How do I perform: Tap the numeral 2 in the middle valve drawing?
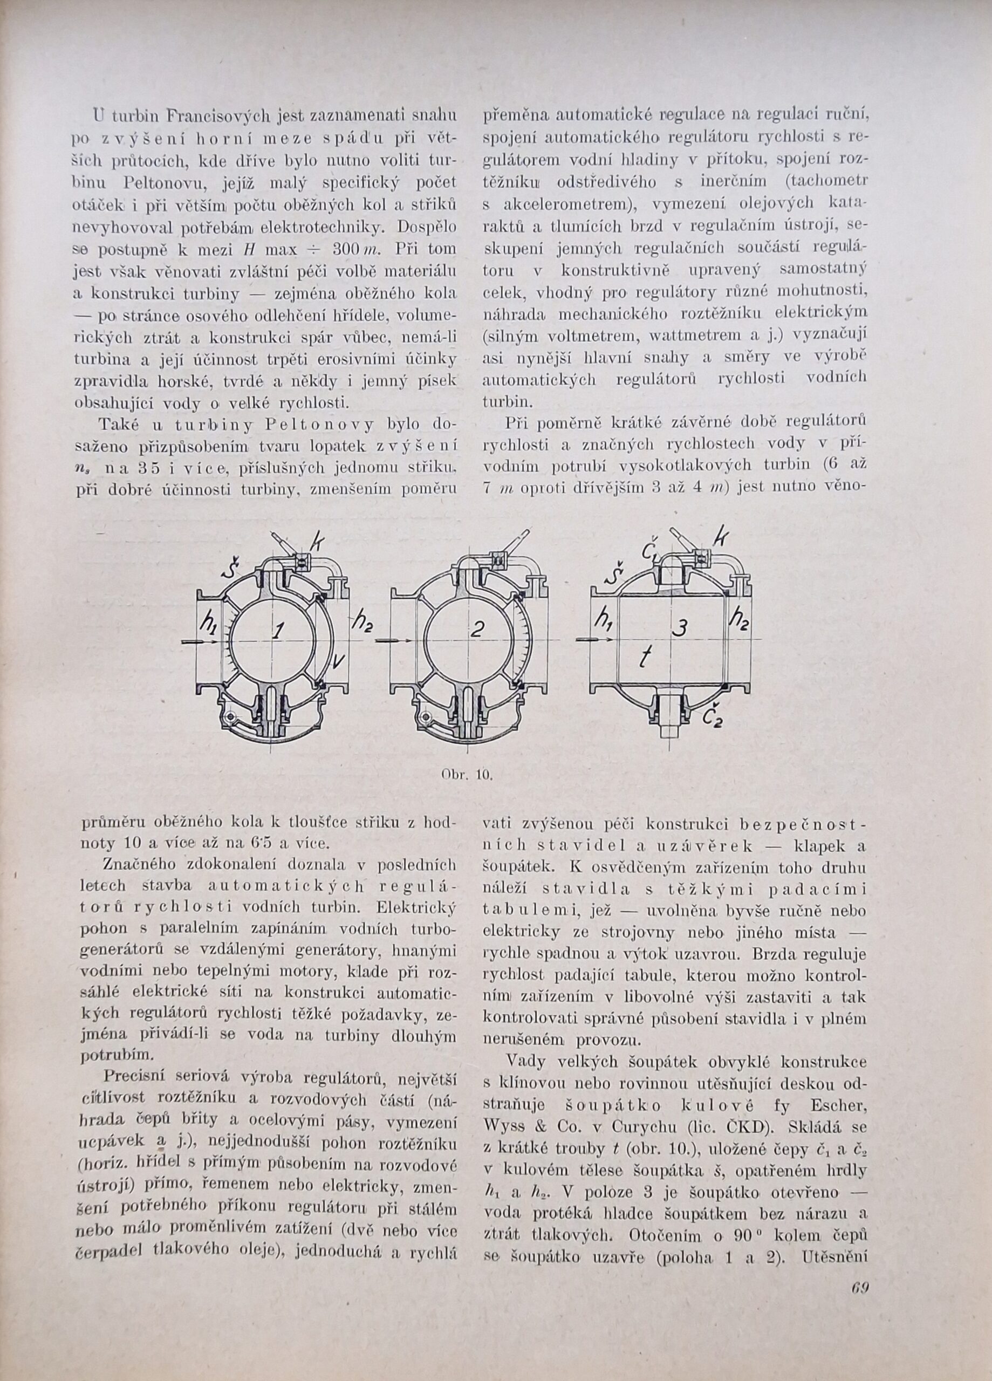[x=477, y=632]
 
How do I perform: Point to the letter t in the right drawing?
[x=648, y=658]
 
